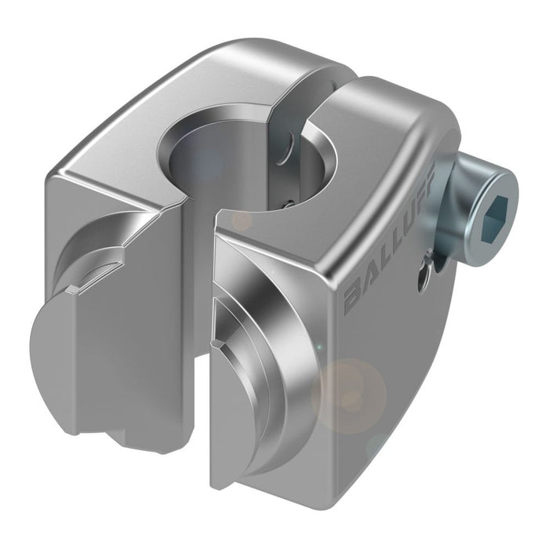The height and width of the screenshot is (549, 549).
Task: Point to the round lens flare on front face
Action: [x=349, y=392]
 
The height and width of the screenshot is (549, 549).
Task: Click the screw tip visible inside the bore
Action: [x=287, y=202]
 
